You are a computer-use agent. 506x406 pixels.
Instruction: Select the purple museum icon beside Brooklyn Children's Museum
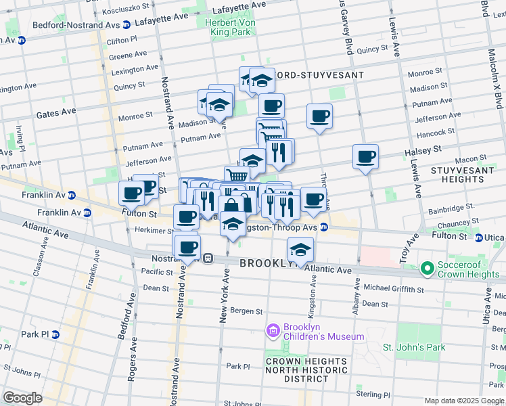[x=273, y=331]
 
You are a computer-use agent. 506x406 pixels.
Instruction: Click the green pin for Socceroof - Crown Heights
[x=427, y=269]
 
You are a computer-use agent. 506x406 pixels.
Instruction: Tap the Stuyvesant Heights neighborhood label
[x=472, y=173]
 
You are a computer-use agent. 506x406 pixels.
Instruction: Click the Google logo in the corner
[x=22, y=398]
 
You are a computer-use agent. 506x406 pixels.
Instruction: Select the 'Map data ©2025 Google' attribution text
[x=463, y=401]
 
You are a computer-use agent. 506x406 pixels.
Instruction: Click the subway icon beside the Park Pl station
[x=55, y=334]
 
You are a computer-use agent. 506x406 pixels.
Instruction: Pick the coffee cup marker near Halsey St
[x=365, y=158]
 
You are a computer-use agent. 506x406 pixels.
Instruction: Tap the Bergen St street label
[x=246, y=311]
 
